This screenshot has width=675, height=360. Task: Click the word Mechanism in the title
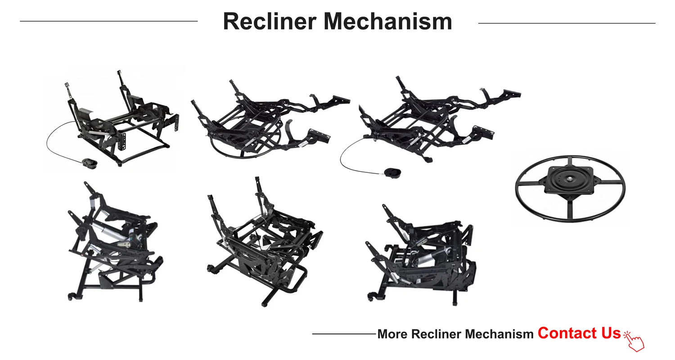tap(387, 22)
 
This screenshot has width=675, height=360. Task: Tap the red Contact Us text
tap(579, 333)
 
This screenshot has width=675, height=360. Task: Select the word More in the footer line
tap(392, 334)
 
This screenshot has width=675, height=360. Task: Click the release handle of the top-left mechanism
tap(88, 162)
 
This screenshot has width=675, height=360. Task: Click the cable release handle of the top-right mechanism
tap(391, 172)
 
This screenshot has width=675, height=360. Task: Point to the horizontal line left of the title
tap(108, 21)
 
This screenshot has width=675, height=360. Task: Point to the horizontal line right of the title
tap(567, 23)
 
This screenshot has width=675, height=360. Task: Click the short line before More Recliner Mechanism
tap(343, 334)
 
